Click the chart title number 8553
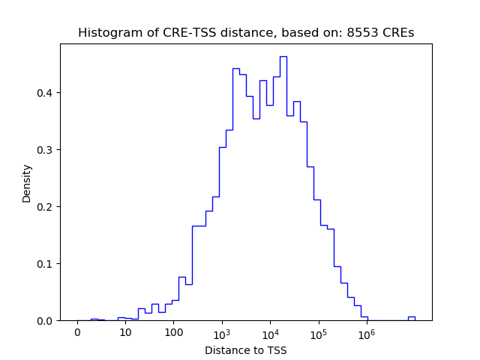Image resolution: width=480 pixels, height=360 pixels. click(364, 33)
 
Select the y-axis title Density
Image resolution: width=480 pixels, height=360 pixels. click(27, 183)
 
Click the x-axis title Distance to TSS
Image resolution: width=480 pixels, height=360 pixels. click(245, 350)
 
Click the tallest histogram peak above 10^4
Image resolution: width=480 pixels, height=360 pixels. click(283, 57)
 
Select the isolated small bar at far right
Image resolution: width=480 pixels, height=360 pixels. click(411, 317)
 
